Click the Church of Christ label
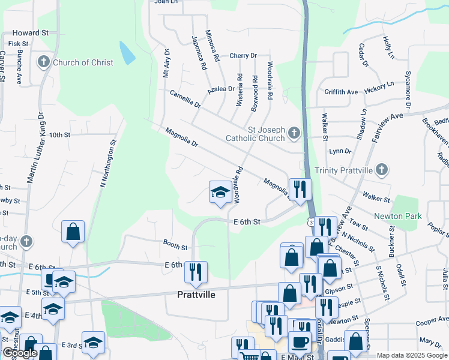tap(83, 62)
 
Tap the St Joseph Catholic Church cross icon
tap(294, 133)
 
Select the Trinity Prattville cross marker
tap(381, 170)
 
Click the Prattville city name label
tap(196, 295)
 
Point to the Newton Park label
tap(398, 216)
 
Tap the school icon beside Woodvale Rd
tap(220, 193)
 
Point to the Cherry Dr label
tap(243, 56)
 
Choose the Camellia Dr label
tap(184, 99)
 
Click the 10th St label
tap(60, 135)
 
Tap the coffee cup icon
tap(299, 342)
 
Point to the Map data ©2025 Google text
tap(411, 355)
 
